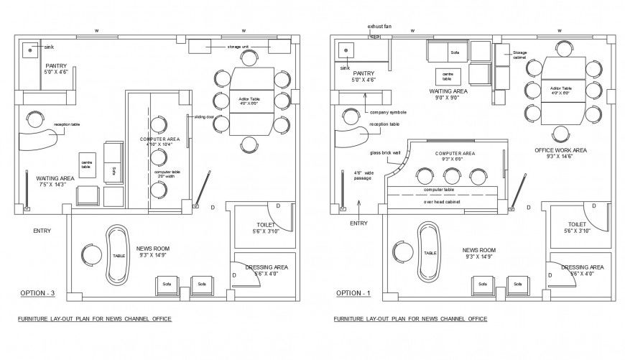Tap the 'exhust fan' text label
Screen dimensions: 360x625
[379, 26]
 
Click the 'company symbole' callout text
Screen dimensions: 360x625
[388, 113]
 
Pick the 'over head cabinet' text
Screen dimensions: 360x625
[441, 202]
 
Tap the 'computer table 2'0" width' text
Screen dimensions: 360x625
[167, 175]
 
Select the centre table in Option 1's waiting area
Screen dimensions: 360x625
[446, 75]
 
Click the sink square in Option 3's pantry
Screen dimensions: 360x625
[30, 50]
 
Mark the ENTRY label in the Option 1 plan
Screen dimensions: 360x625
[358, 223]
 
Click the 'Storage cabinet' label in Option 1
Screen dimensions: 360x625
[521, 55]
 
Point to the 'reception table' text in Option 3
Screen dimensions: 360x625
[66, 124]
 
